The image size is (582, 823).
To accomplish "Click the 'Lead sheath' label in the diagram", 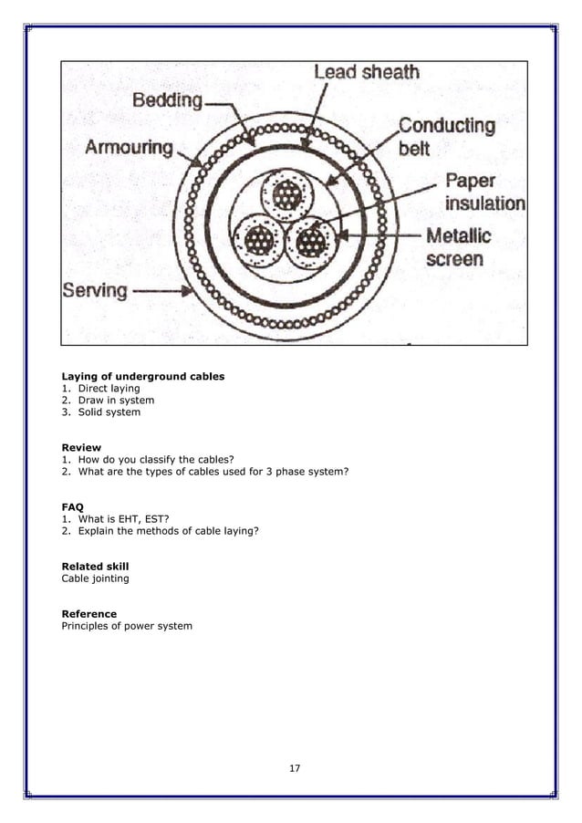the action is pyautogui.click(x=366, y=72).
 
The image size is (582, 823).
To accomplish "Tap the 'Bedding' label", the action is pyautogui.click(x=168, y=100).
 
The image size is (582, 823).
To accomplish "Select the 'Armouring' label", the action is pyautogui.click(x=130, y=148).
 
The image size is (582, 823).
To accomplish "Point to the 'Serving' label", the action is pyautogui.click(x=95, y=291).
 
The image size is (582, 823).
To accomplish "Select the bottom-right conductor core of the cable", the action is pyautogui.click(x=311, y=241).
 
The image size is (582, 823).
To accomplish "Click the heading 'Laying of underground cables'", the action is pyautogui.click(x=142, y=376).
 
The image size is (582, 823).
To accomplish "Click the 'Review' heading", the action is pyautogui.click(x=81, y=447).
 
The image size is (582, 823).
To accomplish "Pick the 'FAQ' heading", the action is pyautogui.click(x=72, y=506).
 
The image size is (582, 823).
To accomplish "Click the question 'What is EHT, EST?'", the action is pyautogui.click(x=123, y=518).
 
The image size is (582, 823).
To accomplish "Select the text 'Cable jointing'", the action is pyautogui.click(x=95, y=578).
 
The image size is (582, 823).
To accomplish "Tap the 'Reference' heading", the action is pyautogui.click(x=88, y=614).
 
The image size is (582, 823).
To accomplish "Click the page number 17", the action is pyautogui.click(x=294, y=768).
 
